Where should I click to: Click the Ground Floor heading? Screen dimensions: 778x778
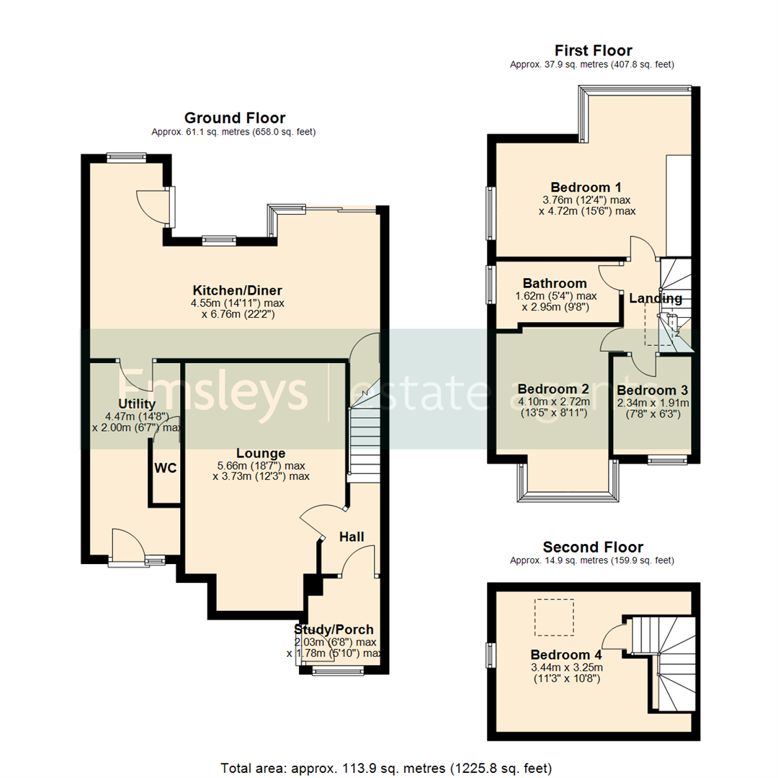235,118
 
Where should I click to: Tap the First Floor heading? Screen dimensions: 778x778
593,50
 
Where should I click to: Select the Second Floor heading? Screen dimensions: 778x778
593,547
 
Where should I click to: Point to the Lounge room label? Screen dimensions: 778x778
245,453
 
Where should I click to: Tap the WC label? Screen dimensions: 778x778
165,468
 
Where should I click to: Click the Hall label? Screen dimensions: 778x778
352,537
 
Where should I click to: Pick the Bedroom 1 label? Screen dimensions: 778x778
586,186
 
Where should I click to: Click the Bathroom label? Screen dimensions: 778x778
555,283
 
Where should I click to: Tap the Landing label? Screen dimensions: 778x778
655,298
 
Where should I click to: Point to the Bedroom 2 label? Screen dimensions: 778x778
553,389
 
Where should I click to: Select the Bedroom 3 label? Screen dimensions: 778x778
653,390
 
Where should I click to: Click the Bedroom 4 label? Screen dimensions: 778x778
566,655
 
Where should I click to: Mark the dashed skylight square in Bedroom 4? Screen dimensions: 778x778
554,617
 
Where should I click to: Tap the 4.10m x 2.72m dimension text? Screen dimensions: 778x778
553,402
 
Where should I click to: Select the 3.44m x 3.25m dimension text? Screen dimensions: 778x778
566,667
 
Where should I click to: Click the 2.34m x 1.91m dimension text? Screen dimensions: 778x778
653,403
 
